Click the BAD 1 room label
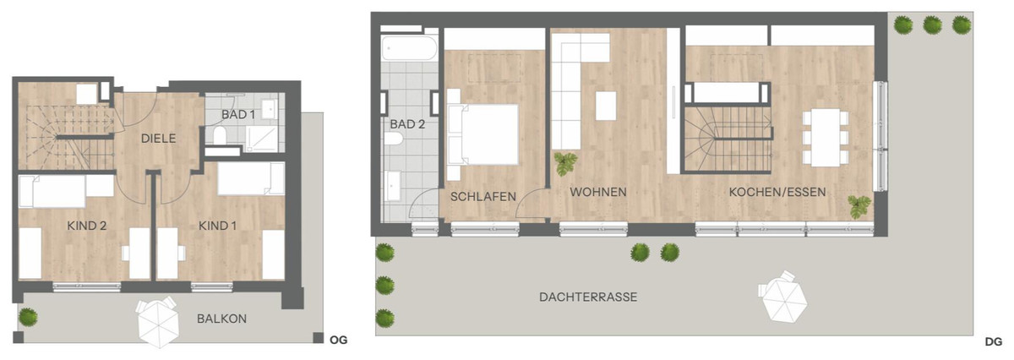pyautogui.click(x=238, y=115)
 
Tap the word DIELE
pyautogui.click(x=159, y=139)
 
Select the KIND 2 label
pyautogui.click(x=86, y=226)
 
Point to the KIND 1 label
pyautogui.click(x=217, y=226)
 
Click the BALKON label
pyautogui.click(x=221, y=319)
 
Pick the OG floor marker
pyautogui.click(x=339, y=340)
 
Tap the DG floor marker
pyautogui.click(x=994, y=342)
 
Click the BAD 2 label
pyautogui.click(x=407, y=124)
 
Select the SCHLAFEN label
pyautogui.click(x=483, y=197)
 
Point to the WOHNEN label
pyautogui.click(x=598, y=192)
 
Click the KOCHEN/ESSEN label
pyautogui.click(x=777, y=192)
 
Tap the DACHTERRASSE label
pyautogui.click(x=588, y=297)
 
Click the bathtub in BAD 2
pyautogui.click(x=409, y=47)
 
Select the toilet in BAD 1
pyautogui.click(x=220, y=135)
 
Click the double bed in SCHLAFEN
pyautogui.click(x=482, y=134)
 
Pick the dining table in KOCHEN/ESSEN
pyautogui.click(x=826, y=138)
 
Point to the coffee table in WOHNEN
pyautogui.click(x=606, y=106)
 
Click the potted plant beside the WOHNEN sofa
pyautogui.click(x=565, y=164)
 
